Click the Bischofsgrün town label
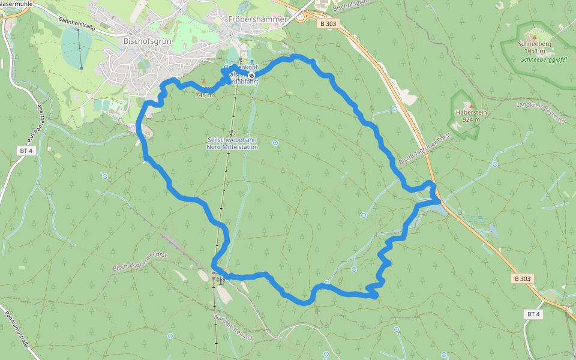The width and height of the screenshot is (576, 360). (x=146, y=41)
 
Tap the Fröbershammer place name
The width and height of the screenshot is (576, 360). (x=258, y=19)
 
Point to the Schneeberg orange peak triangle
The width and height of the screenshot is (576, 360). (x=535, y=37)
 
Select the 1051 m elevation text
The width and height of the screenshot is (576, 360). (x=535, y=51)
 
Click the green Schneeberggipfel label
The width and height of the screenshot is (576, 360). (x=544, y=59)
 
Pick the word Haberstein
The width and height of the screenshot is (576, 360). (x=470, y=112)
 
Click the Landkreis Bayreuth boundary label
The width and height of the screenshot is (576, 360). (x=541, y=113)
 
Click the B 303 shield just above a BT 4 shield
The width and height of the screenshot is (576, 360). (x=523, y=279)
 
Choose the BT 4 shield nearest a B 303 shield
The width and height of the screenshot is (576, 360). (x=533, y=314)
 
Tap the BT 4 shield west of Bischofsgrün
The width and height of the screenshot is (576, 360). (x=26, y=151)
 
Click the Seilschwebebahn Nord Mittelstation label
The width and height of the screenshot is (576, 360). (x=232, y=143)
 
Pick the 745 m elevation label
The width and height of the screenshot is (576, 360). (x=204, y=94)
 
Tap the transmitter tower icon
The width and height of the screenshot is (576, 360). (x=220, y=279)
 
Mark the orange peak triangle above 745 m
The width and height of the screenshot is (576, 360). (x=203, y=81)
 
